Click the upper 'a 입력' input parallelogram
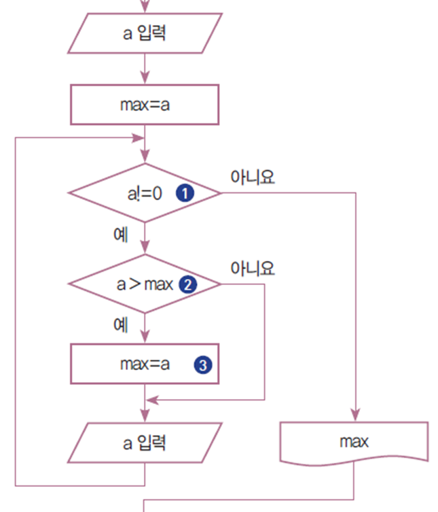tap(145, 34)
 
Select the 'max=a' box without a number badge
tap(145, 105)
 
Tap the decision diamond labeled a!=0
tap(145, 193)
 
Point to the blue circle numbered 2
tap(187, 284)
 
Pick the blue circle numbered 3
tap(202, 365)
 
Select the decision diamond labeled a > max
tap(145, 284)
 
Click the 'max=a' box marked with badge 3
tap(145, 364)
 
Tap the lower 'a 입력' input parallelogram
tap(145, 443)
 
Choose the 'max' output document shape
tap(354, 443)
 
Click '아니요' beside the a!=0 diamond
tap(252, 177)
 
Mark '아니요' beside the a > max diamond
tap(252, 269)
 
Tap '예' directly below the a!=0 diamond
tap(121, 235)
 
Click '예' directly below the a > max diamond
tap(121, 325)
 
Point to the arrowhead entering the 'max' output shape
tap(354, 415)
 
